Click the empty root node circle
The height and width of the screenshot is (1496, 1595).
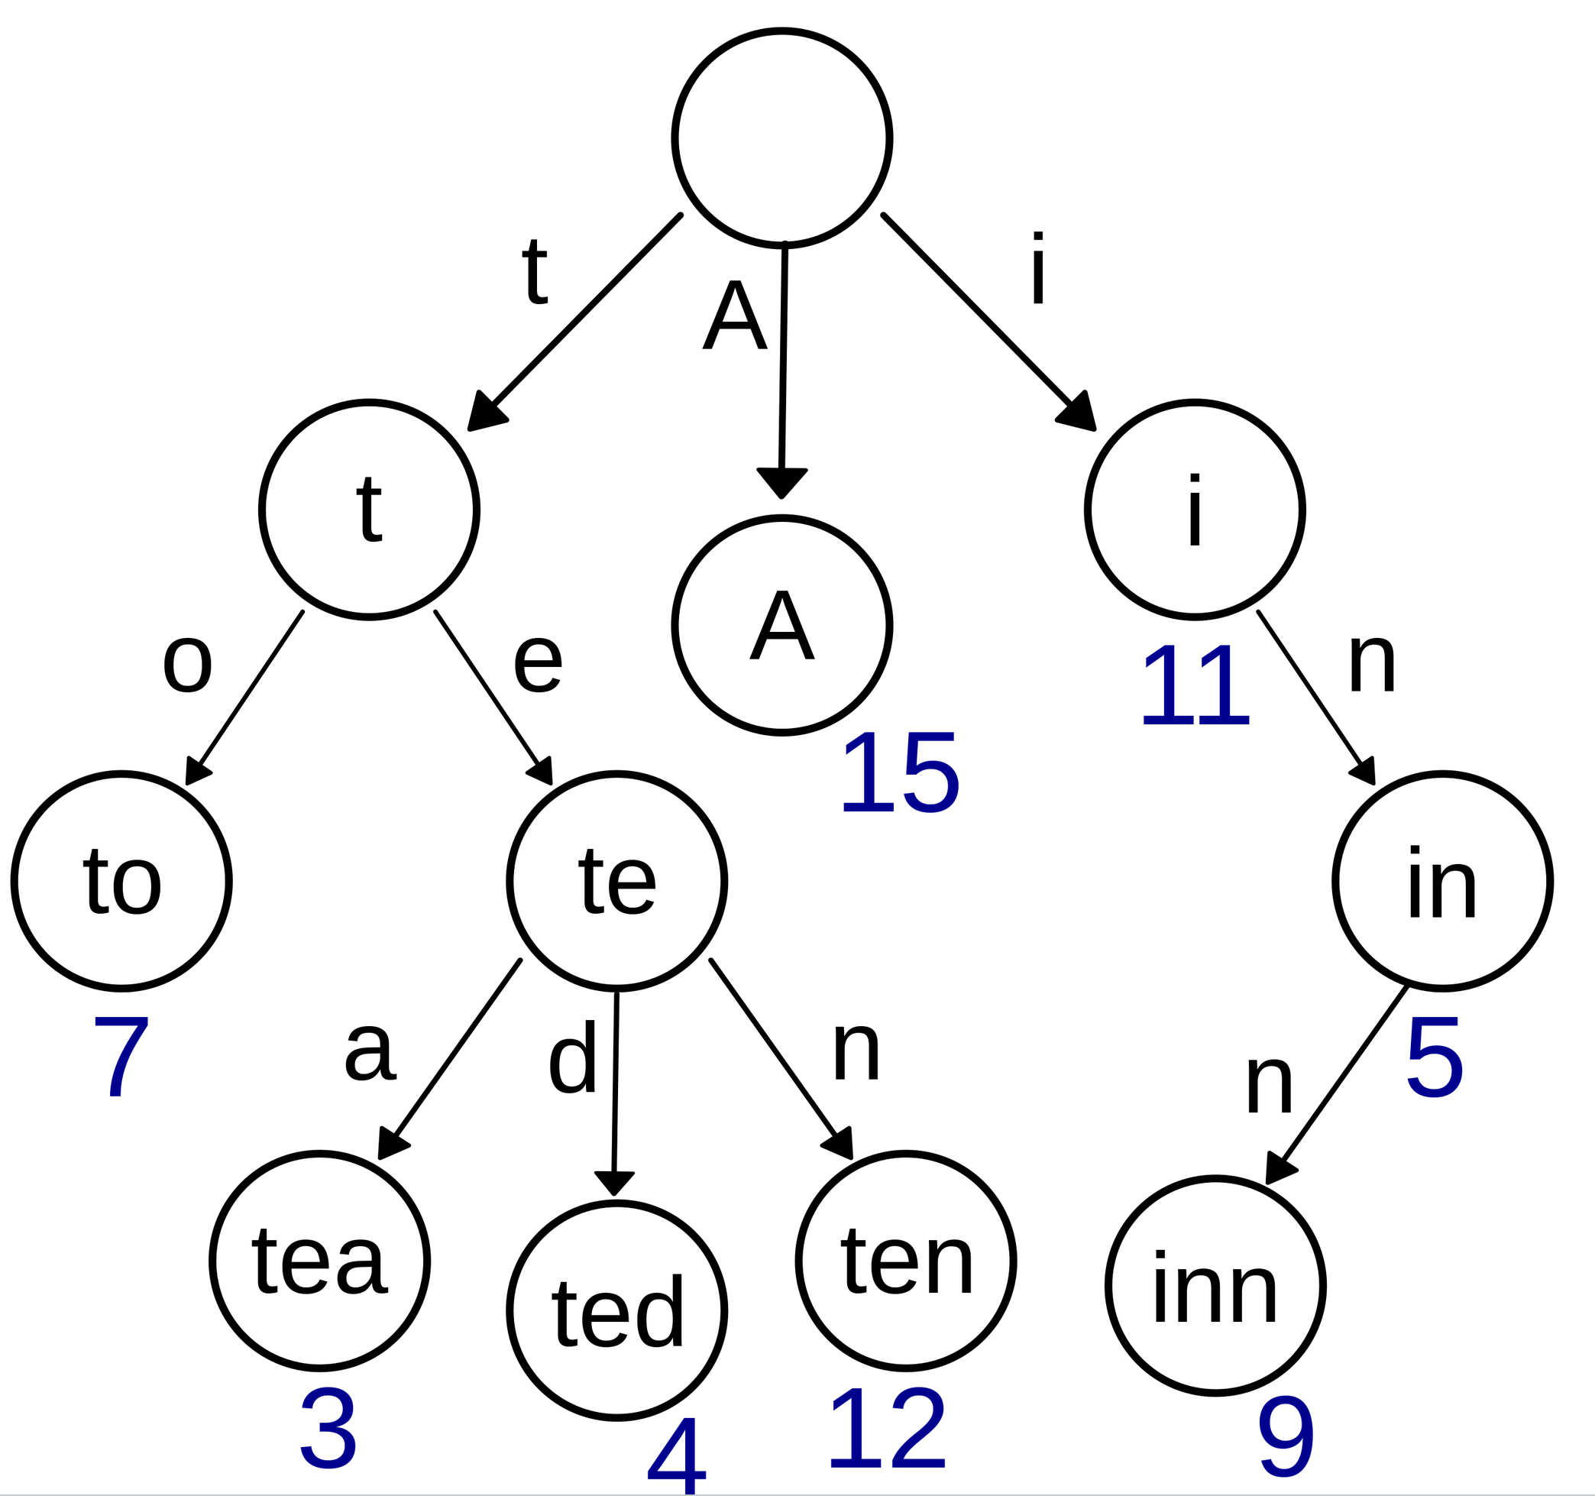(781, 138)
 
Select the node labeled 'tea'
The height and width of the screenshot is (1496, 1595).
(319, 1261)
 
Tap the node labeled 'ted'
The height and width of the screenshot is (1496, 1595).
(616, 1310)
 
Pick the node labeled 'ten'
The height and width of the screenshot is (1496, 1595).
(906, 1261)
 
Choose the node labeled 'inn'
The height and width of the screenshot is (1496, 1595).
(1215, 1286)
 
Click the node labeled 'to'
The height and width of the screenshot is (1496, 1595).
(121, 880)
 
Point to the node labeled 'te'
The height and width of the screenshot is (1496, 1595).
(616, 880)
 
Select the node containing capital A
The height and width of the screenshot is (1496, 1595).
(781, 625)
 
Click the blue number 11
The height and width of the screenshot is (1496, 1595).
(1195, 686)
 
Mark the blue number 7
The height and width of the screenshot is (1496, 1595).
(121, 1057)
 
